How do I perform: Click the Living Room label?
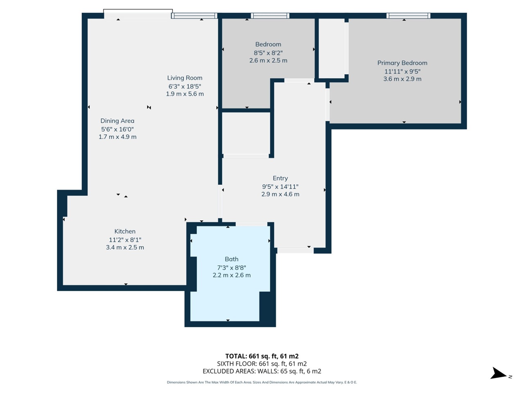[185, 78]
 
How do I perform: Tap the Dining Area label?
[117, 121]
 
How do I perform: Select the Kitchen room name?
[125, 231]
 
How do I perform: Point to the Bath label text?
[231, 259]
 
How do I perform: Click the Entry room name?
[280, 178]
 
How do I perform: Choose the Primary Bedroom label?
[402, 63]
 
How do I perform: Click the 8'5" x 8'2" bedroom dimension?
[268, 53]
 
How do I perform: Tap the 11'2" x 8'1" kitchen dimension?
[125, 240]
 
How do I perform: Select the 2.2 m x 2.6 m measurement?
[231, 275]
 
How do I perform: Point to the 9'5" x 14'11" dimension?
[280, 187]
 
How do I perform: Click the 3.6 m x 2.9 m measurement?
[402, 79]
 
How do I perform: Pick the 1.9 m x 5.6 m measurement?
[185, 94]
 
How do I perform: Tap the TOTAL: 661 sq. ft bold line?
[262, 356]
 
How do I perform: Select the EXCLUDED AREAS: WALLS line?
[262, 371]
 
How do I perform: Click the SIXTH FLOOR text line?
[262, 364]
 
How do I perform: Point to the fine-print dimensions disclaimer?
[262, 382]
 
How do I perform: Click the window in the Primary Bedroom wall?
[408, 16]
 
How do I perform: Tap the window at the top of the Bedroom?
[270, 16]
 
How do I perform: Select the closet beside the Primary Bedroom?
[332, 48]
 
